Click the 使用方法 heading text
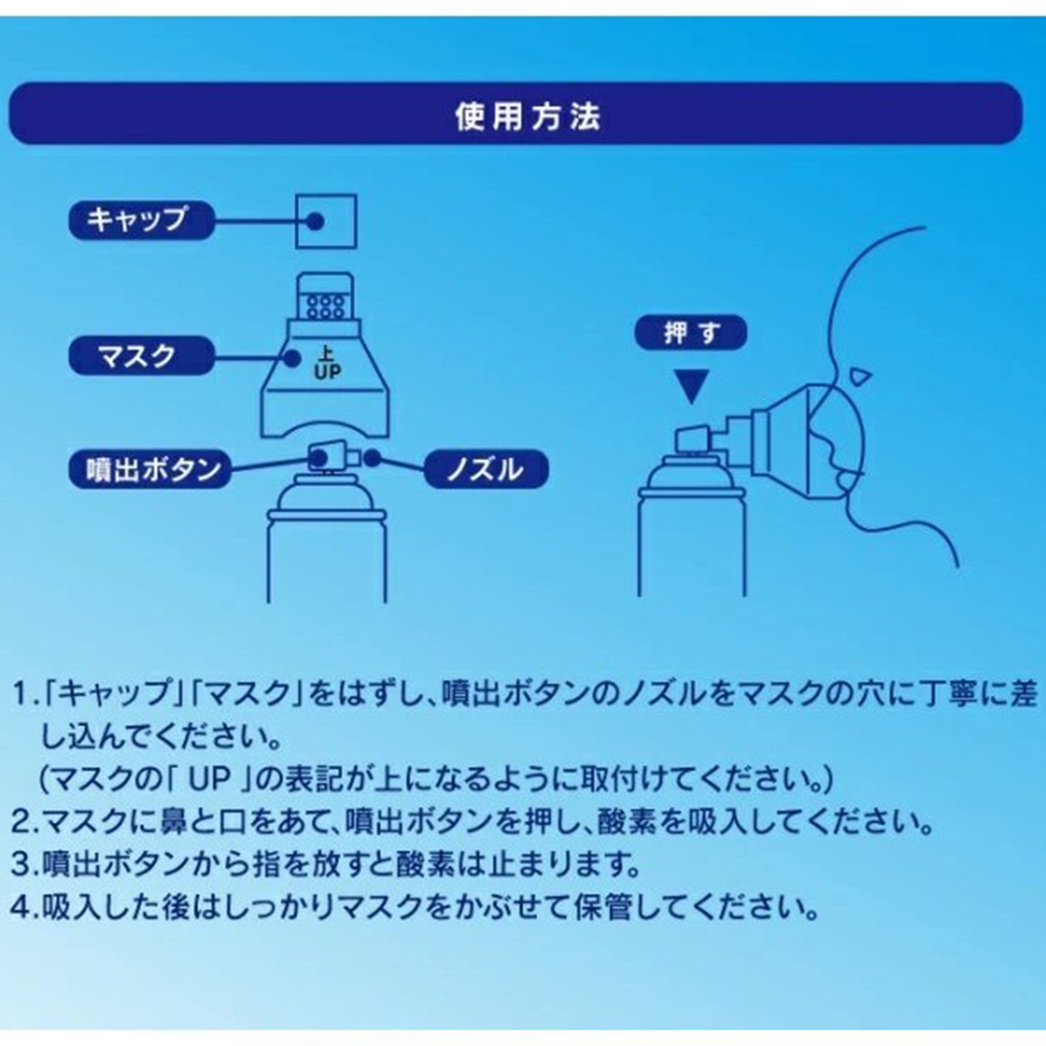point(528,117)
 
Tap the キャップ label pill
point(141,220)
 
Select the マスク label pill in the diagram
point(141,355)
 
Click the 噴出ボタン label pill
point(150,469)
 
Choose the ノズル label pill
point(485,469)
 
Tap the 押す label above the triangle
point(691,333)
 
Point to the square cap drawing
point(326,221)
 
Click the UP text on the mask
point(328,373)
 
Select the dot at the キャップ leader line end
point(315,221)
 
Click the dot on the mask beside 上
point(293,358)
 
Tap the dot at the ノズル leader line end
point(373,458)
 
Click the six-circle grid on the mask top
point(325,306)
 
